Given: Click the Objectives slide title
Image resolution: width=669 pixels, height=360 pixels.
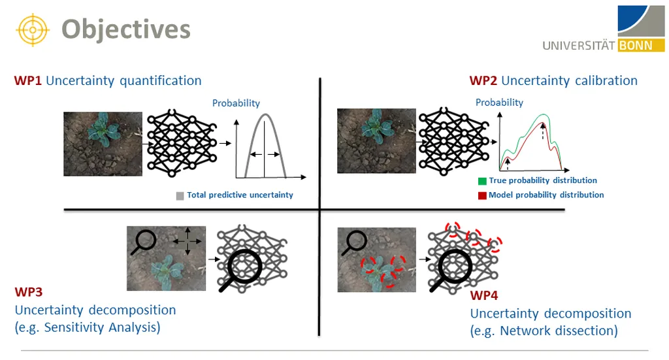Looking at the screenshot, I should [x=125, y=29].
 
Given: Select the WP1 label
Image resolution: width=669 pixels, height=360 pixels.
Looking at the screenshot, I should [x=27, y=81].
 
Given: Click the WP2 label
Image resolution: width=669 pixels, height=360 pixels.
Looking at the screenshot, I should [x=483, y=81].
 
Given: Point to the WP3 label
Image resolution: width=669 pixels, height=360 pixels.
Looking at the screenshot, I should [x=28, y=292].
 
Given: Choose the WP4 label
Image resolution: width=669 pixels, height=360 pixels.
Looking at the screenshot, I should [x=484, y=296].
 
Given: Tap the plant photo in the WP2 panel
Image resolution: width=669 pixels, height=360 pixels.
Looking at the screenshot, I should [x=376, y=140].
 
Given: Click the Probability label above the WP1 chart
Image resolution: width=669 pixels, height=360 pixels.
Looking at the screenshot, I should [x=236, y=103].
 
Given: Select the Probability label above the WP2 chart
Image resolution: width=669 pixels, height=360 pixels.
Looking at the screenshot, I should [x=499, y=103].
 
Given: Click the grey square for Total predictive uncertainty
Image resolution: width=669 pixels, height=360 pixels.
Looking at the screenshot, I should [x=180, y=195].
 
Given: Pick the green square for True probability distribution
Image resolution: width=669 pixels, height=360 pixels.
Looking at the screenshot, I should [x=482, y=181].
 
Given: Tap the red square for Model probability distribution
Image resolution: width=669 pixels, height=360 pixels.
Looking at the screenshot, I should [x=482, y=195].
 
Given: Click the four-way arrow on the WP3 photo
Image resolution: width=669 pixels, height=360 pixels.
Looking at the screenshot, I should [x=187, y=242].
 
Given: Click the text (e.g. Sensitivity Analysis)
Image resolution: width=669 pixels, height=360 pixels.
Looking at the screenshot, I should [x=87, y=327].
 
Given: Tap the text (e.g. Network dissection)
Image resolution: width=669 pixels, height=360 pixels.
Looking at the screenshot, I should [x=544, y=331].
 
